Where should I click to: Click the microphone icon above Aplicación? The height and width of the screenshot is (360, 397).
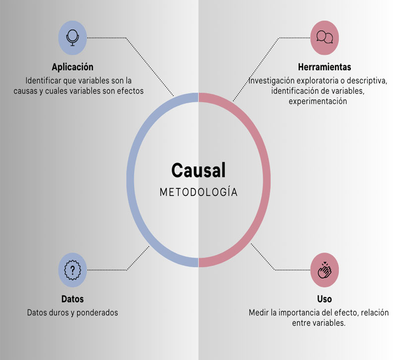click(x=72, y=37)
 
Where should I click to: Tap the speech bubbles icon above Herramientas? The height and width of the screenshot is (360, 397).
click(x=325, y=37)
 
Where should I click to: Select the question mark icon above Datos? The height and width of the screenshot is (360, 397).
click(x=72, y=270)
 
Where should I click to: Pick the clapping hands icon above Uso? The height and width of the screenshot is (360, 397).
click(x=325, y=270)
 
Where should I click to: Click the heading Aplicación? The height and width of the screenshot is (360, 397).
click(x=72, y=67)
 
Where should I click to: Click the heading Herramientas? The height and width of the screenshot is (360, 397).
click(x=325, y=67)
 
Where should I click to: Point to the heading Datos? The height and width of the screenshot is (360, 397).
click(x=72, y=299)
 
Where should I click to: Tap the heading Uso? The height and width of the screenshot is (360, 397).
click(x=325, y=299)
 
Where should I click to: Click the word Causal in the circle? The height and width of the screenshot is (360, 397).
click(x=198, y=170)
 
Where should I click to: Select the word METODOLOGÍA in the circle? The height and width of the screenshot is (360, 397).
click(x=198, y=192)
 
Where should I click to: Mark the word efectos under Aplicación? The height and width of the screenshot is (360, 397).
click(x=130, y=91)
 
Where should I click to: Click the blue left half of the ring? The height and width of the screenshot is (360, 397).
click(x=131, y=180)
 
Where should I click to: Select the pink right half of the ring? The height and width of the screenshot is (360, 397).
click(x=267, y=180)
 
